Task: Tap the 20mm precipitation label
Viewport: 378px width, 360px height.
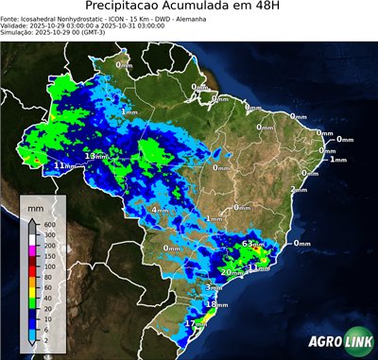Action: [228, 272]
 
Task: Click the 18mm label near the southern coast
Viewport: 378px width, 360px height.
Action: [216, 304]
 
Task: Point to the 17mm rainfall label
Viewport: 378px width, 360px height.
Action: [195, 323]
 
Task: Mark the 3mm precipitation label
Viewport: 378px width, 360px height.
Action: [214, 287]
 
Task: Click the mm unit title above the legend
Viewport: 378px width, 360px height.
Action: [35, 206]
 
